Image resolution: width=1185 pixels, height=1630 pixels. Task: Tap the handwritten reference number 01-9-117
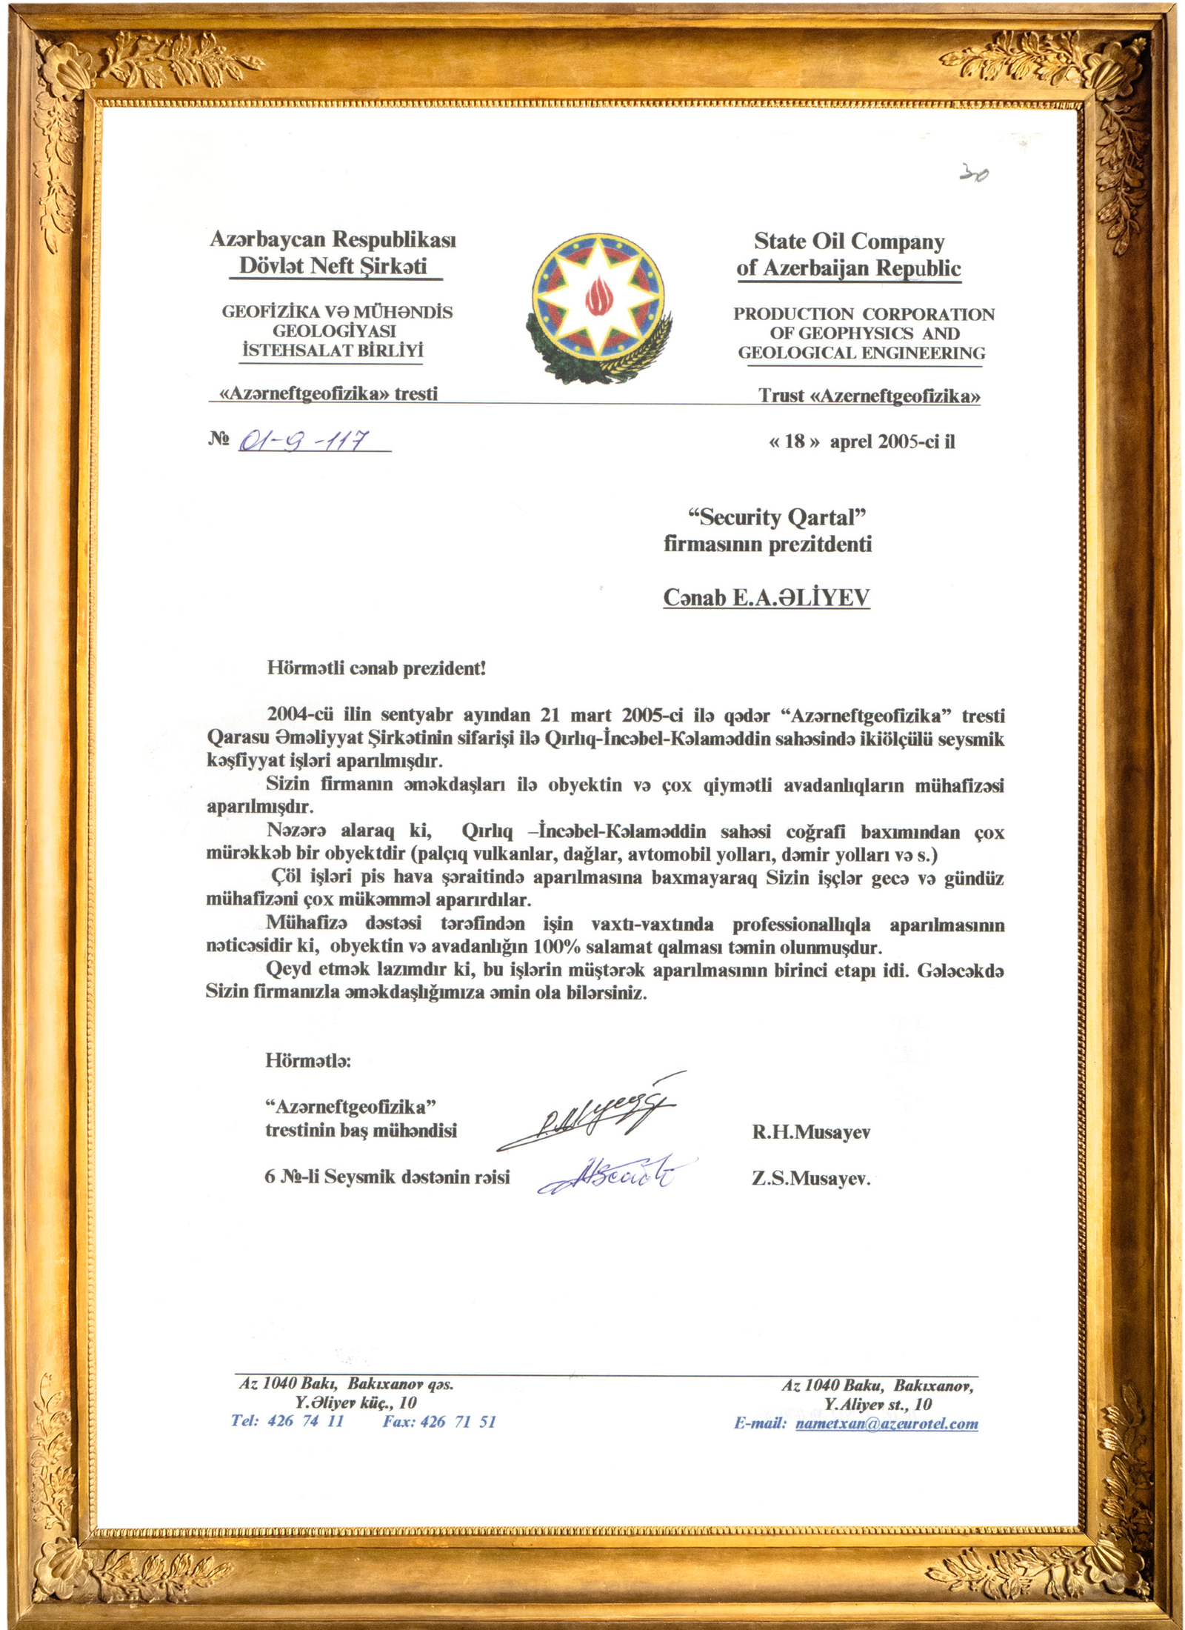(304, 442)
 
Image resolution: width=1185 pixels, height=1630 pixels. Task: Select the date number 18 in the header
(794, 442)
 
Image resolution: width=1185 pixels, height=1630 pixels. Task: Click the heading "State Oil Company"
(849, 242)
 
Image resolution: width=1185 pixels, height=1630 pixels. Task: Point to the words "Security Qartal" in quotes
(777, 517)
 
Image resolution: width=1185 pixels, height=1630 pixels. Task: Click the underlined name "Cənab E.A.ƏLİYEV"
(766, 598)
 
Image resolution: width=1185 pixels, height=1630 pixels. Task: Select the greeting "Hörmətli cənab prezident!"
(376, 668)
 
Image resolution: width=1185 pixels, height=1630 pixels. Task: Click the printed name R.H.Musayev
(811, 1132)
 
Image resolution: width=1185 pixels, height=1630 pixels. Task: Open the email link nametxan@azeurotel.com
(887, 1424)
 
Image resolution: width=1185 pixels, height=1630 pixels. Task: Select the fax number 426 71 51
(458, 1422)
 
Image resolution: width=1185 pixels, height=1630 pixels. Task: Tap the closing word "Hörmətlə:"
(308, 1060)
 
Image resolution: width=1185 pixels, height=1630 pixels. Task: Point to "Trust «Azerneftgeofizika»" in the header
(869, 396)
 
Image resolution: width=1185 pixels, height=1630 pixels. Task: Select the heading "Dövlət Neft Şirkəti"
(333, 266)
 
